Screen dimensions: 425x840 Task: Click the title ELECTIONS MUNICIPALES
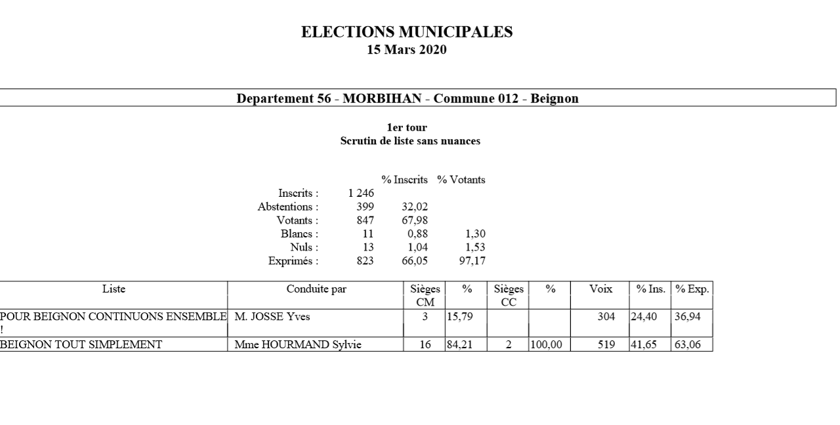pos(407,32)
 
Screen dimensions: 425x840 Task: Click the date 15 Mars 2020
pos(407,49)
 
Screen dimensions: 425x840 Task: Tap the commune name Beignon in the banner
pos(554,98)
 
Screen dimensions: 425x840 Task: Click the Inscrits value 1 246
pos(361,193)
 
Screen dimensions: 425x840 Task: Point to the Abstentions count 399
pos(365,207)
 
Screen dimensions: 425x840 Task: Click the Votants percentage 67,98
pos(415,220)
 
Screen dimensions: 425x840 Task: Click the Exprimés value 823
pos(365,261)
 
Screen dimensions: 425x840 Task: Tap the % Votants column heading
pos(461,180)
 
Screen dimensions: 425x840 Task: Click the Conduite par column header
pos(316,289)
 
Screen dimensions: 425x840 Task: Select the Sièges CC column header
pos(509,294)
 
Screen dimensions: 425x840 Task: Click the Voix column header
pos(600,289)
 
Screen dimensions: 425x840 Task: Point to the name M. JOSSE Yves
pos(272,317)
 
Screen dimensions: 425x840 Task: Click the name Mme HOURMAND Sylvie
pos(298,344)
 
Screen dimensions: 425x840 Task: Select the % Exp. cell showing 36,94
pos(688,317)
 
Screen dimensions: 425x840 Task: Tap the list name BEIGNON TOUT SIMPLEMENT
pos(81,344)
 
